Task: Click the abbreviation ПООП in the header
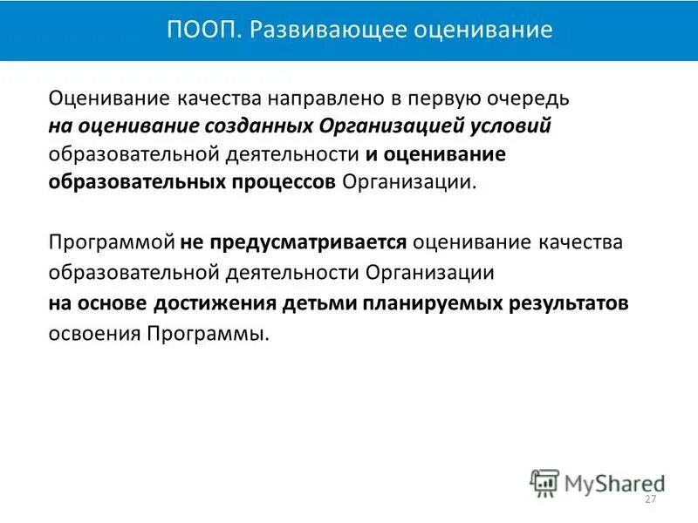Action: coord(194,31)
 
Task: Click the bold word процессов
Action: coord(288,183)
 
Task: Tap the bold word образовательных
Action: coord(140,183)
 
